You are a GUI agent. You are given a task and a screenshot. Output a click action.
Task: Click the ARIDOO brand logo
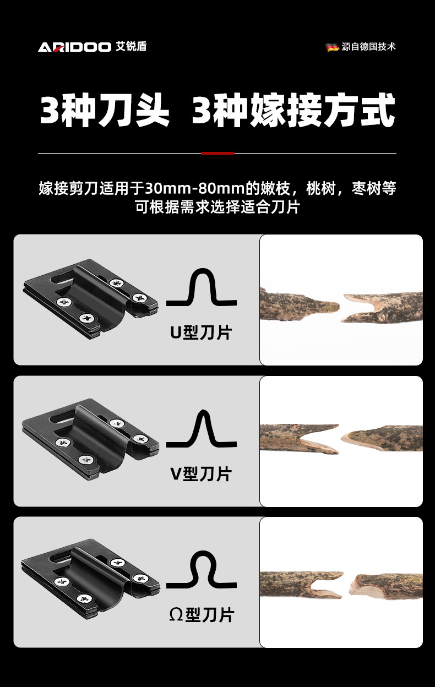coord(74,47)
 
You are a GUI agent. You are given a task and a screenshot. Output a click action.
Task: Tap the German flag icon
coord(332,47)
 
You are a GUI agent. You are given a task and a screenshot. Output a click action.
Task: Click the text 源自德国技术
coord(368,47)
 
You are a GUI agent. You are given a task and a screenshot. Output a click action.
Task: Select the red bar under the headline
coord(218,153)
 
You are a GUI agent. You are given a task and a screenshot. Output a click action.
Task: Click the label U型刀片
coord(201,332)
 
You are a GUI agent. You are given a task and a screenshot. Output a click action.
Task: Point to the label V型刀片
coord(201,473)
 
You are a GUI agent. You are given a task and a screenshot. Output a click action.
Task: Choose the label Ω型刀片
coord(201,614)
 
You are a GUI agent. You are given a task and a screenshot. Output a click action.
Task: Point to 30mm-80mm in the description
coord(194,188)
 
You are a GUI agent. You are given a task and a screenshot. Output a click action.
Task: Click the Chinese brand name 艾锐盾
coord(131,47)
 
